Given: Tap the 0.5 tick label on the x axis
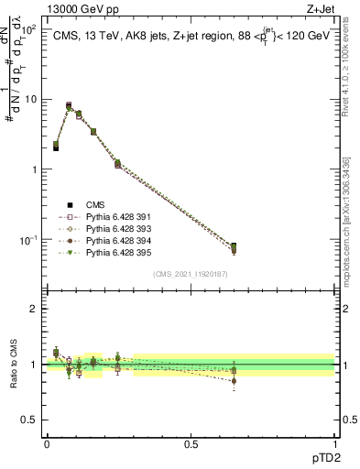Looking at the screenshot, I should (x=191, y=443).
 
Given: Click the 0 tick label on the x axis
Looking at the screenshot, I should (x=47, y=443).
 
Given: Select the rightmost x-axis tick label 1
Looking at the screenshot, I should (x=334, y=443).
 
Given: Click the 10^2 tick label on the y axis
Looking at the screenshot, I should (x=29, y=28).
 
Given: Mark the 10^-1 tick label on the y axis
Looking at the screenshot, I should (x=29, y=240).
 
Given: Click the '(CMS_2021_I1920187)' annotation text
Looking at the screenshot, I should (x=191, y=274).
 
